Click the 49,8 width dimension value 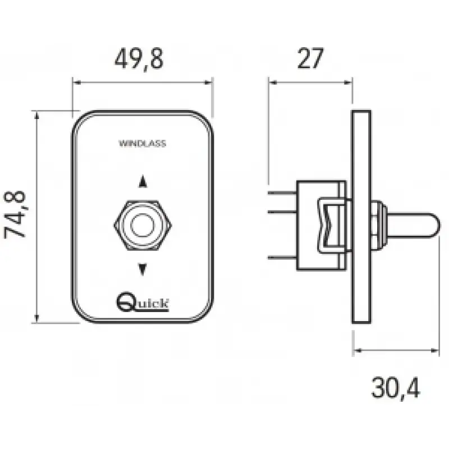point(139,59)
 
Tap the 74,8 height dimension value point(15,214)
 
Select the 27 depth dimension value point(310,58)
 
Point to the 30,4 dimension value point(396,388)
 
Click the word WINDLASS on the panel point(143,144)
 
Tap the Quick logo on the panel point(143,301)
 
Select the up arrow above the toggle point(143,181)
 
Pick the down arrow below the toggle point(143,269)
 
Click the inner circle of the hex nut point(143,226)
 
